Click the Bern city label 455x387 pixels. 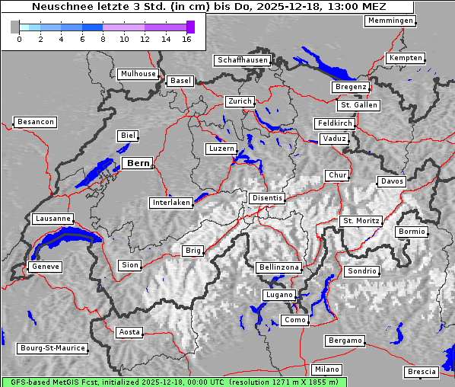pos(138,163)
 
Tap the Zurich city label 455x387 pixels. pos(239,101)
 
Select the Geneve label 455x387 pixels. pos(45,267)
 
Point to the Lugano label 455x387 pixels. pos(278,295)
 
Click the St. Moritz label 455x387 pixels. pos(361,221)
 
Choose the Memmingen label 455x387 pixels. pos(390,21)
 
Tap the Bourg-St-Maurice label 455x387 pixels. pos(52,348)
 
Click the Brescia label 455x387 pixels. pos(422,372)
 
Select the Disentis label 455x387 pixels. pos(267,198)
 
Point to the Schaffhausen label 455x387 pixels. pos(242,59)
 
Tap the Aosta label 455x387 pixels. pos(129,332)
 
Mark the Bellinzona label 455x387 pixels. pos(279,267)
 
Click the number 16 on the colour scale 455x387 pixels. pos(187,39)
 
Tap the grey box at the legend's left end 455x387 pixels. pos(15,27)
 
